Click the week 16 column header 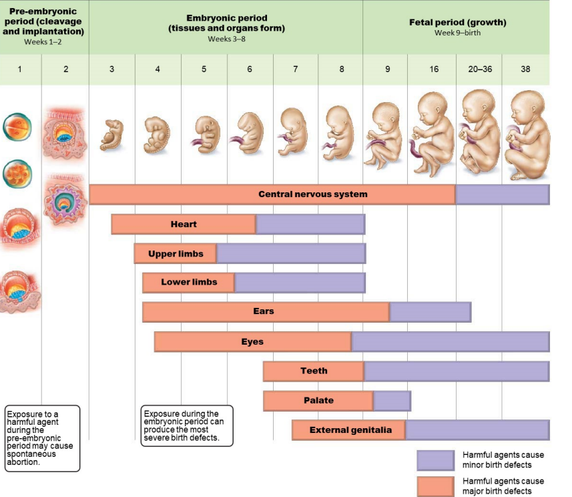tap(434, 69)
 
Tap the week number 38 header tap(525, 69)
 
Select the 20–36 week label tap(479, 69)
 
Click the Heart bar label tap(184, 224)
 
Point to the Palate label tap(317, 401)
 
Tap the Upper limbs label tap(176, 254)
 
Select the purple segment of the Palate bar tap(392, 401)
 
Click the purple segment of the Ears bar tap(430, 311)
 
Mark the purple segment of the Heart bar tap(310, 224)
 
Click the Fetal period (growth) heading tap(457, 22)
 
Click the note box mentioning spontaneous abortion tap(42, 438)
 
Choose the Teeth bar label tap(314, 371)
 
